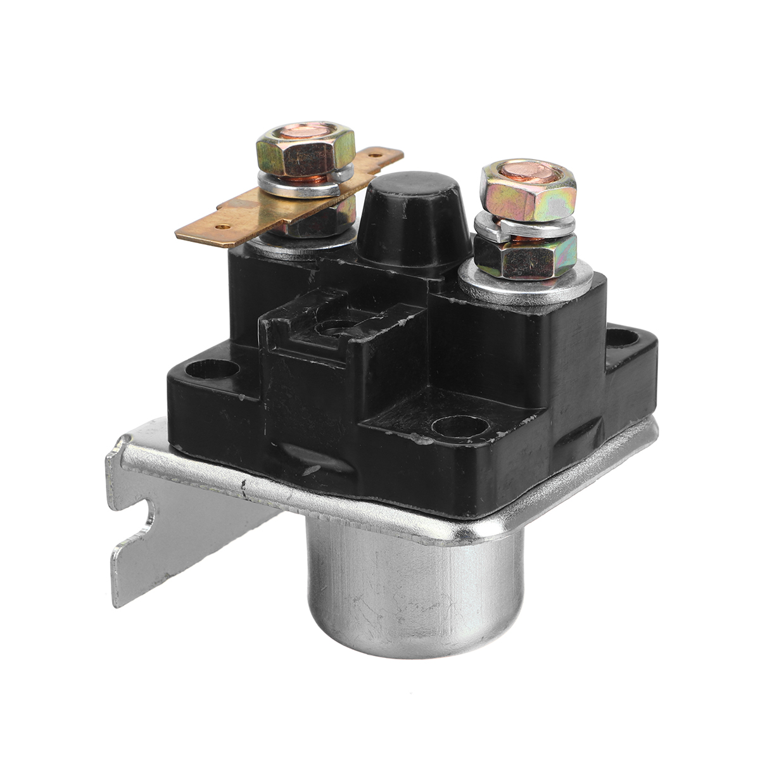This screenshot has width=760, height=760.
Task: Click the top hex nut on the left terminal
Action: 304,152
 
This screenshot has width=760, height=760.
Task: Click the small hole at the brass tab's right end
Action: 379,153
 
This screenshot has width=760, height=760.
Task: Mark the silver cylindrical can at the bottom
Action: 415,589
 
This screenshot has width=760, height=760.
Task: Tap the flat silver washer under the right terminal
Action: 526,285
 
